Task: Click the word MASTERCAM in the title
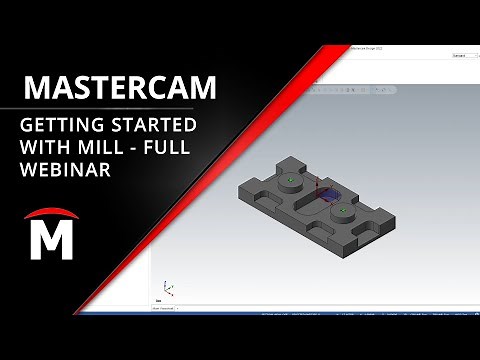pyautogui.click(x=118, y=87)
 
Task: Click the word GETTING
pyautogui.click(x=61, y=127)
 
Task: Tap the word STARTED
pyautogui.click(x=153, y=127)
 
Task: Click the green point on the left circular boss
pyautogui.click(x=289, y=181)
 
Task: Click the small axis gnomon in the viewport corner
pyautogui.click(x=168, y=290)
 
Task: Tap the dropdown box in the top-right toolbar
pyautogui.click(x=461, y=57)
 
